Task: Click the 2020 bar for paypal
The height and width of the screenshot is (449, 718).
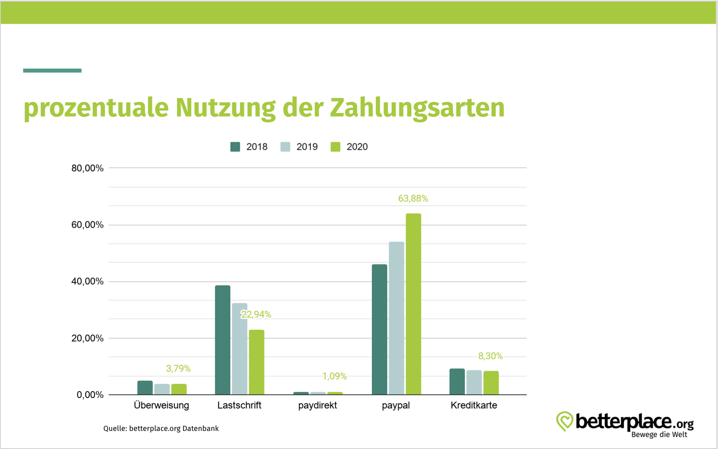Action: tap(413, 304)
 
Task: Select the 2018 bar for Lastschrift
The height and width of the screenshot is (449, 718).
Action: tap(222, 340)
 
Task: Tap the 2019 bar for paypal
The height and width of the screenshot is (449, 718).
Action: tap(396, 318)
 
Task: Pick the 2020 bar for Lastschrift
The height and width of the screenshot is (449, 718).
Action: tap(256, 362)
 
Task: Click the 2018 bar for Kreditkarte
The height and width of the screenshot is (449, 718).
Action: tap(457, 382)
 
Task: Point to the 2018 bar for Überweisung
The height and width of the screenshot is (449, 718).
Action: tap(145, 388)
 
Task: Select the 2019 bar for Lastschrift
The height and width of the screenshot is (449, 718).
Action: tap(240, 349)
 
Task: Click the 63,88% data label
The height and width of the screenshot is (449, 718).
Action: tap(413, 198)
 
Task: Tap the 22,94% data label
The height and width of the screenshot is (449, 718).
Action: tap(256, 314)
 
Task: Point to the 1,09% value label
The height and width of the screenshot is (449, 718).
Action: tap(334, 376)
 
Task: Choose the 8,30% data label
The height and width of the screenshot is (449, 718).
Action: tap(490, 356)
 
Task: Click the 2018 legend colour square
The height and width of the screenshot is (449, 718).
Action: tap(235, 147)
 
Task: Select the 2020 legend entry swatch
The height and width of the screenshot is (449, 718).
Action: tap(335, 147)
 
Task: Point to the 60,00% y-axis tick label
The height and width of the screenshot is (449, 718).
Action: tap(87, 225)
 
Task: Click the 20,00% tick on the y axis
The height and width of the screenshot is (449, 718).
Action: tap(87, 338)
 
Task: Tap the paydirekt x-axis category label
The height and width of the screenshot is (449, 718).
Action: tap(318, 405)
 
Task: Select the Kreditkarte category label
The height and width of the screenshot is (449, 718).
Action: tap(474, 405)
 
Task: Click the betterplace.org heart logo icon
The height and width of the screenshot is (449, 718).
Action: tap(564, 421)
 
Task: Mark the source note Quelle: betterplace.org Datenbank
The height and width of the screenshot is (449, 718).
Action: tap(161, 429)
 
